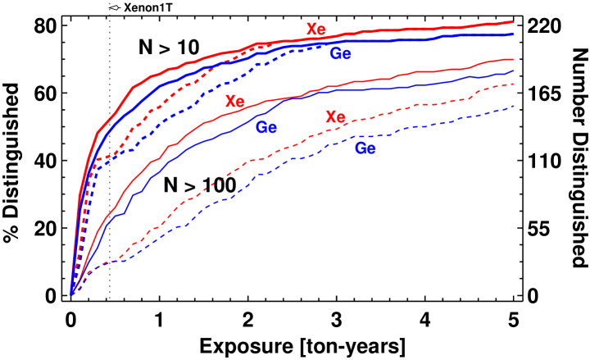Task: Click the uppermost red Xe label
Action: tap(316, 30)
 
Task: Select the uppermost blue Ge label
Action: tap(340, 54)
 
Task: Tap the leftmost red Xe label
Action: tap(235, 102)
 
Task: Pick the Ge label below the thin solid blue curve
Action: tap(265, 127)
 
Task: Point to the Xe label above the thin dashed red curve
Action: tap(335, 116)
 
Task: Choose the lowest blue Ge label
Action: tap(365, 148)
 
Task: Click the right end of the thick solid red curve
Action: tap(513, 22)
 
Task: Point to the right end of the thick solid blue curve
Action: tap(513, 34)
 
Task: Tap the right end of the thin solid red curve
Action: tap(513, 59)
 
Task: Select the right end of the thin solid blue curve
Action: tap(513, 71)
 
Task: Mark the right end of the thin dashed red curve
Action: tap(513, 84)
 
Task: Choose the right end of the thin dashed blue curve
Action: tap(513, 106)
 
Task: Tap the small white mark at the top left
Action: tap(114, 7)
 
